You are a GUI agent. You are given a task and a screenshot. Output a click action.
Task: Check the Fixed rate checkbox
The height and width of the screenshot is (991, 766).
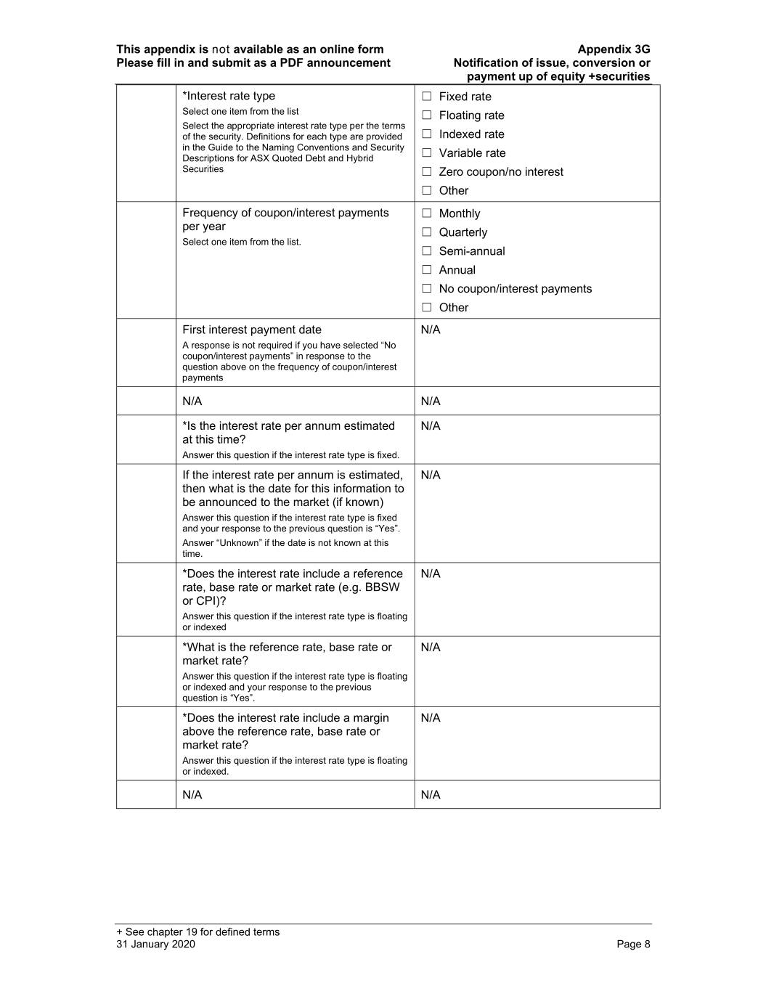[427, 97]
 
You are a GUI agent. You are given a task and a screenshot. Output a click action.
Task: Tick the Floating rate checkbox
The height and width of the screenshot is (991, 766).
[427, 115]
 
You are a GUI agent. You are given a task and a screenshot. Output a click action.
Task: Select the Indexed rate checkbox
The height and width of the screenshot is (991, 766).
[427, 134]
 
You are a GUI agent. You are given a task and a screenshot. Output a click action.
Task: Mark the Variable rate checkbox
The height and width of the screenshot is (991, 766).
[427, 153]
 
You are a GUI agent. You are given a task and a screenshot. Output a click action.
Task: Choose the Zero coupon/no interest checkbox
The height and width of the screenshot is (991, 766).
[427, 172]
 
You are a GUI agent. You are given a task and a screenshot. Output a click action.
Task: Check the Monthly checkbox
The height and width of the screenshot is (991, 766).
[427, 213]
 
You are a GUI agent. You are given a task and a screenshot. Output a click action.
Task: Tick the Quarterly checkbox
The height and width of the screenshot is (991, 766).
[427, 232]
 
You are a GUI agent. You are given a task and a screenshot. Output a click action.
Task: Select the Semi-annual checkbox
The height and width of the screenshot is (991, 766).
[427, 251]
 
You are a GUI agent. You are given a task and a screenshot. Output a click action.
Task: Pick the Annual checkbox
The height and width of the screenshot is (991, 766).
[427, 270]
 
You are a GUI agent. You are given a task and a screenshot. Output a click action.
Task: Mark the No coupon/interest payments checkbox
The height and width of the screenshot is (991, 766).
[427, 289]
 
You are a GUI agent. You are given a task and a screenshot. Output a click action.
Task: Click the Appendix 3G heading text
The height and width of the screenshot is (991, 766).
[614, 49]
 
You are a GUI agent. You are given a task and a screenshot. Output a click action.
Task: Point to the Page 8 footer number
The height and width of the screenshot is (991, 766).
[633, 944]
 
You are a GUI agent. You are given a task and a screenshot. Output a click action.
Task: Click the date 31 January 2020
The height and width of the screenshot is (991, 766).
[155, 944]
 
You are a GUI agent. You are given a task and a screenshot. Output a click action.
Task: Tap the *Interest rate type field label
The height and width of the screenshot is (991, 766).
[229, 96]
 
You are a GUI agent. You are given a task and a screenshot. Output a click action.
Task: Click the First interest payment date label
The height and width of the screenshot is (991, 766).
[252, 330]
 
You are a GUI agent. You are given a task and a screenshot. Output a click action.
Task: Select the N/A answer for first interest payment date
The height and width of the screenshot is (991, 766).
[431, 330]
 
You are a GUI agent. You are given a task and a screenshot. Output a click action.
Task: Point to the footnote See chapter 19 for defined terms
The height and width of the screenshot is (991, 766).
[197, 932]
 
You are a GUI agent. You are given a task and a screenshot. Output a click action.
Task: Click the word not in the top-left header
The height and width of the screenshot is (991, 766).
[221, 49]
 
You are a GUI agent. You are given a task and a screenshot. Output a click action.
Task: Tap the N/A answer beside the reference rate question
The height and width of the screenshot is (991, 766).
[431, 648]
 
